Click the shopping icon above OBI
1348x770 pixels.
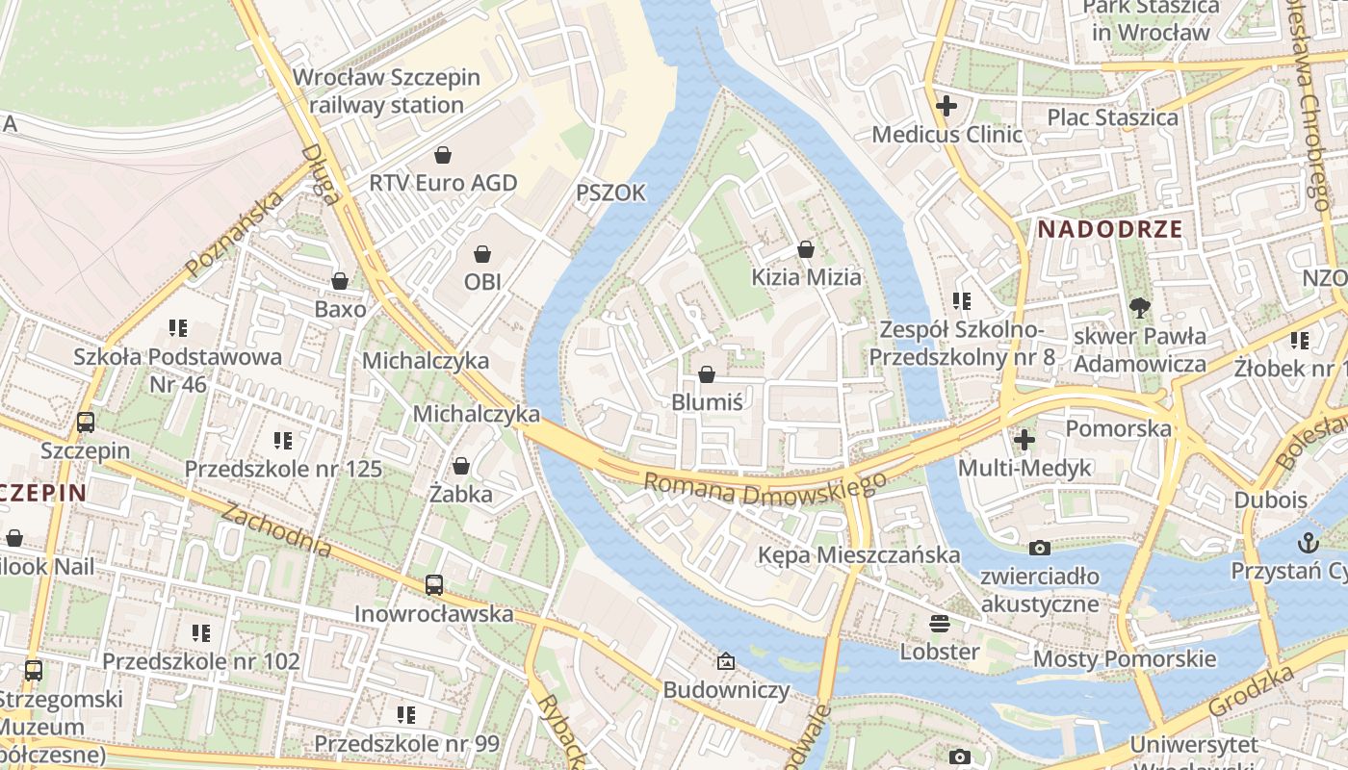click(482, 254)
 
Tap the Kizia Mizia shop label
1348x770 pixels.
click(806, 277)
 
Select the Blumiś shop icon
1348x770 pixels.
click(707, 374)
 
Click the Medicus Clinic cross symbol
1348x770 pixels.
click(946, 106)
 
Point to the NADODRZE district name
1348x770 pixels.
click(1110, 229)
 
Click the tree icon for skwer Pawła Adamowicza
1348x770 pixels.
click(1140, 308)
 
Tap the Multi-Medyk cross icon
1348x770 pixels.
click(1024, 440)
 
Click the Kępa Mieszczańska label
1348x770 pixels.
click(858, 555)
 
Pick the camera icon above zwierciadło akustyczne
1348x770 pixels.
click(1040, 548)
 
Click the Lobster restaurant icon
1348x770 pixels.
click(939, 623)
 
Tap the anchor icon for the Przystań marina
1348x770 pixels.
click(1308, 542)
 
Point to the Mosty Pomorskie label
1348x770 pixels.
click(1124, 659)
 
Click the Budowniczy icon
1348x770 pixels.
click(726, 661)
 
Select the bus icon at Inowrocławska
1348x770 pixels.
click(434, 584)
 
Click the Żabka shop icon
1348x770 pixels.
click(461, 466)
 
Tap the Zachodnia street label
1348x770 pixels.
click(276, 529)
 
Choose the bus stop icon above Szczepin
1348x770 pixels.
click(86, 422)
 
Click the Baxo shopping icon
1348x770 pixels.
click(340, 281)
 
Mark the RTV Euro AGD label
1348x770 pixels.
click(443, 183)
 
